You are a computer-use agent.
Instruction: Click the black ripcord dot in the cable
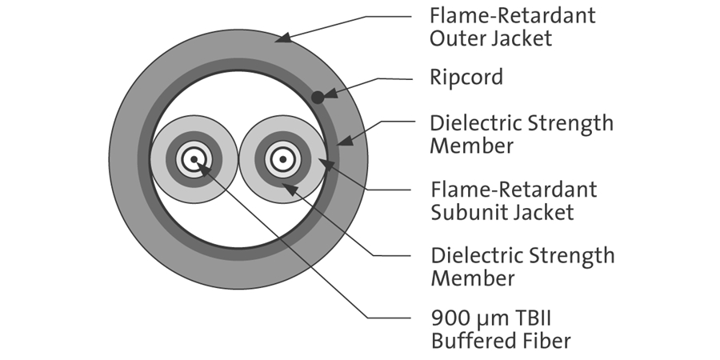(318, 97)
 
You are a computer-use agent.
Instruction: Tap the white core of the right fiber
(282, 159)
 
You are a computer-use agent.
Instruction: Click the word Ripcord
(466, 78)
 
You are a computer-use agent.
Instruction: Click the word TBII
(549, 318)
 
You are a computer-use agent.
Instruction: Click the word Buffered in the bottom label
(473, 341)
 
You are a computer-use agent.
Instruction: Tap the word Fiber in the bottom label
(546, 341)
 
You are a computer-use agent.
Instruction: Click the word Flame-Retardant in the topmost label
(513, 14)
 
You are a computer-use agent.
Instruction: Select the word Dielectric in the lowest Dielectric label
(474, 255)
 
